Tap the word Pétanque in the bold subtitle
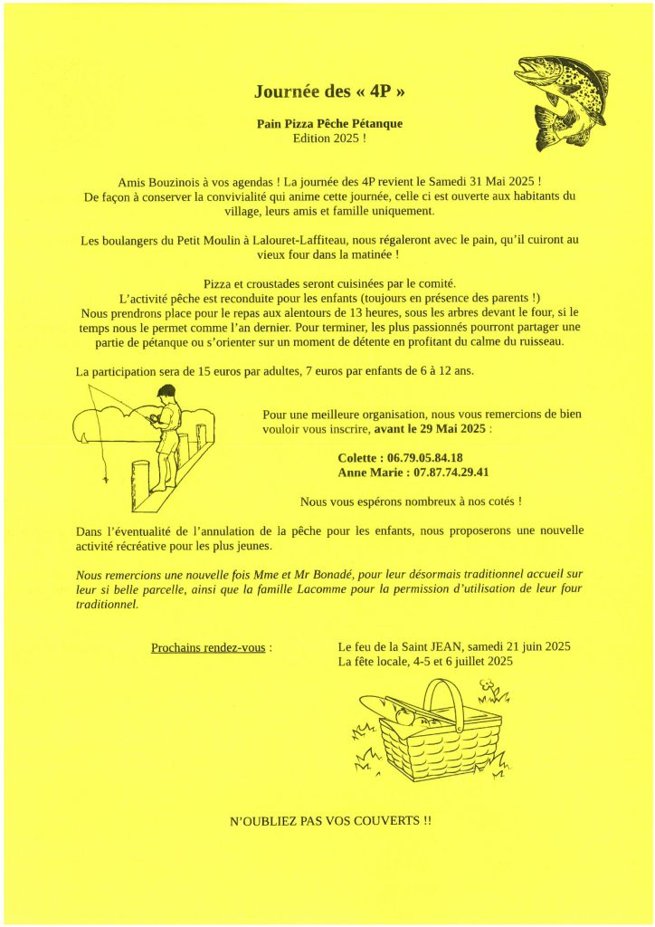pyautogui.click(x=373, y=123)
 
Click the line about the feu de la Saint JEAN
pyautogui.click(x=453, y=647)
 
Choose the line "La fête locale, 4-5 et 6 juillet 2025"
pyautogui.click(x=425, y=662)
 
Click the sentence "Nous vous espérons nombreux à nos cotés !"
pyautogui.click(x=411, y=501)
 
